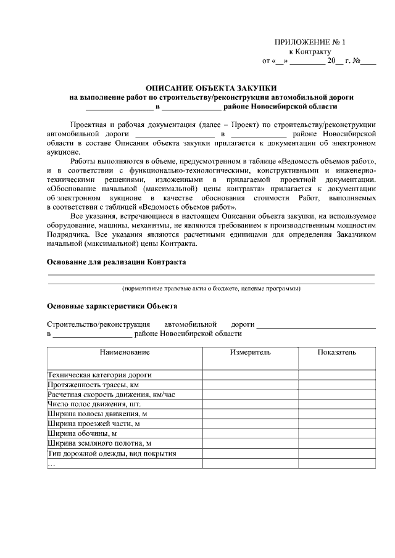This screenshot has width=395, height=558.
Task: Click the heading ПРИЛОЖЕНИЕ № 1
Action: click(x=310, y=42)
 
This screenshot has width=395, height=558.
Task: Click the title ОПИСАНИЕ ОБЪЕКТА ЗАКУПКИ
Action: click(x=211, y=88)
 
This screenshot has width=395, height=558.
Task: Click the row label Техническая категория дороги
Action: click(x=99, y=374)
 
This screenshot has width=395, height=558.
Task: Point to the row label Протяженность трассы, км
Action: click(x=93, y=384)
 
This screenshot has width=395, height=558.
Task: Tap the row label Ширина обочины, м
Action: click(x=82, y=433)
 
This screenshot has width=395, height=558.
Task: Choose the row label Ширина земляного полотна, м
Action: click(x=99, y=443)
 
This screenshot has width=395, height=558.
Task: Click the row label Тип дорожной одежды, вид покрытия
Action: click(x=112, y=453)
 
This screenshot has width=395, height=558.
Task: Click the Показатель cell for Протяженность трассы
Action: click(x=337, y=384)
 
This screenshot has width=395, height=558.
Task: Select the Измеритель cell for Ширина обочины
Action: click(x=251, y=433)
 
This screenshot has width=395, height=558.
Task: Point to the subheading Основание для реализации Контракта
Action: click(x=117, y=261)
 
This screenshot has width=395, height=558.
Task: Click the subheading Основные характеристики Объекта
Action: click(x=112, y=306)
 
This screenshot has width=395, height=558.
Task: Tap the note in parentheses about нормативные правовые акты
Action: click(x=211, y=289)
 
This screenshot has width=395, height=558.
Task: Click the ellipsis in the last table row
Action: click(x=52, y=464)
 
